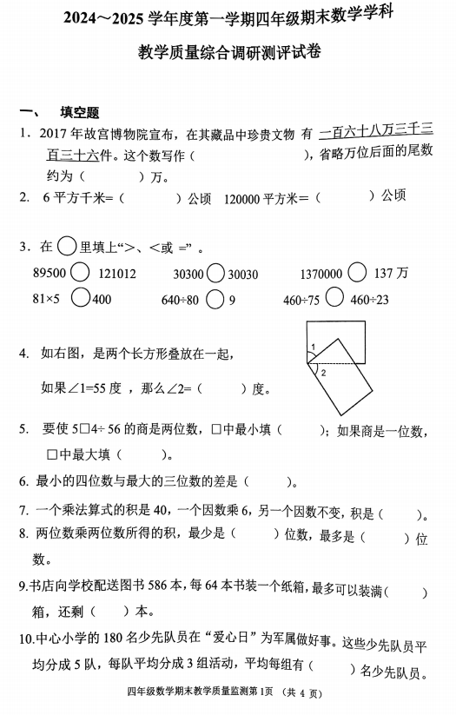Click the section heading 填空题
80,112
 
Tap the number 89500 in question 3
50,273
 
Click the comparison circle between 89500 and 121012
80,273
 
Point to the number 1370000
321,274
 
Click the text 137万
391,274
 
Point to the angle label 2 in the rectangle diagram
322,372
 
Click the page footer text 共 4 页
302,692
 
